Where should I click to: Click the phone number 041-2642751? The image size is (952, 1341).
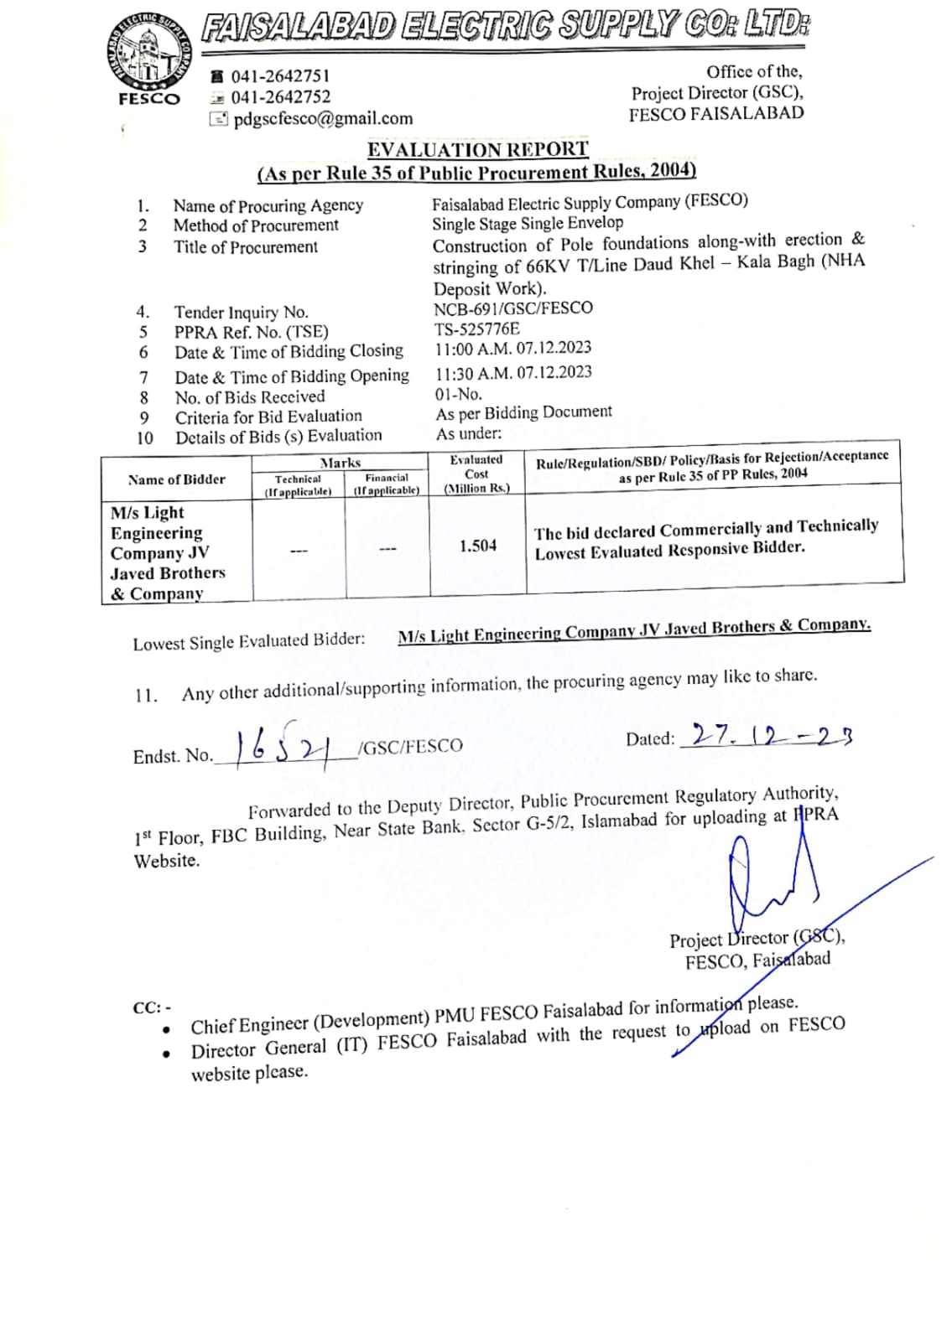[280, 76]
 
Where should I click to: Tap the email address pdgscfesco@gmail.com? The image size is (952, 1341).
[323, 119]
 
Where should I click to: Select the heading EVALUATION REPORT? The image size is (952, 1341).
[477, 149]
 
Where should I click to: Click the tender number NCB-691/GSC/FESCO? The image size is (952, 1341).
[512, 308]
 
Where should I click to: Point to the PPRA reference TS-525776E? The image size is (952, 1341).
[476, 329]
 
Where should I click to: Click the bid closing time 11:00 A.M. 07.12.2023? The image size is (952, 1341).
[512, 349]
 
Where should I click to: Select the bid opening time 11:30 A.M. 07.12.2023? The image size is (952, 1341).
[513, 372]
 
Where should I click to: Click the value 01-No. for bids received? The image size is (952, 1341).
[459, 393]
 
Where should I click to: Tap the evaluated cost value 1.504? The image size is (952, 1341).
[477, 546]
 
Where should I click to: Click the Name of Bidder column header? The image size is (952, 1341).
[176, 479]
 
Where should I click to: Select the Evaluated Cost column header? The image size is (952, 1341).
[476, 474]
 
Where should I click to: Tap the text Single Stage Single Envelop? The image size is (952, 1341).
[528, 223]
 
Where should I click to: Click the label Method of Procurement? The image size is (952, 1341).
[256, 225]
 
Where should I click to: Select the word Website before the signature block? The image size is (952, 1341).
[167, 861]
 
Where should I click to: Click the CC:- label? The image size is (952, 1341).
[152, 1007]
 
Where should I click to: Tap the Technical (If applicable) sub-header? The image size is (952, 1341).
[298, 485]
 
